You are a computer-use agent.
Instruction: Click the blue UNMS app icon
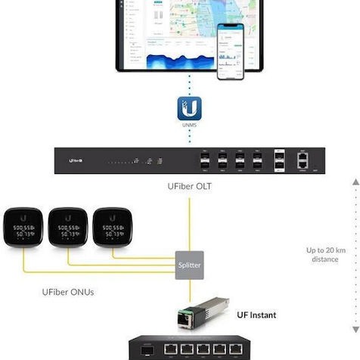coord(189,107)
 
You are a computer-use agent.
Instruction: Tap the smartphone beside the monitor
coord(231,51)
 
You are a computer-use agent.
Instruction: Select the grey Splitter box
coord(190,265)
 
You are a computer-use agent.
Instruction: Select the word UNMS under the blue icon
coord(189,125)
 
